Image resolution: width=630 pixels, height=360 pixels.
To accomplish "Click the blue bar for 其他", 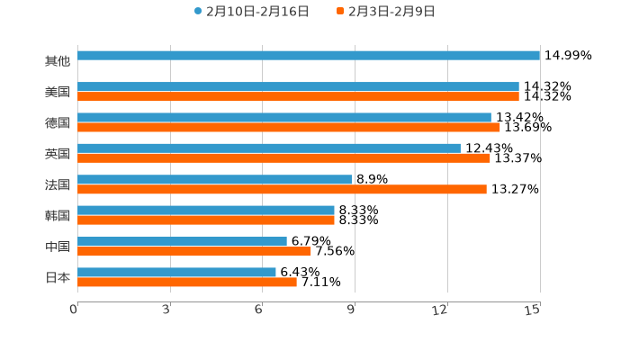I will click(x=309, y=56).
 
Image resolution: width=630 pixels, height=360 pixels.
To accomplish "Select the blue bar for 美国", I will click(x=298, y=86).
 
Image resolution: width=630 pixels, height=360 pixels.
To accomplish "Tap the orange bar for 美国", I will click(x=298, y=96).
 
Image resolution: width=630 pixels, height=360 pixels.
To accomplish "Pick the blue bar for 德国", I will click(x=284, y=117).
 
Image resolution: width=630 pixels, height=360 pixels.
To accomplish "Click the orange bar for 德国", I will click(x=289, y=128).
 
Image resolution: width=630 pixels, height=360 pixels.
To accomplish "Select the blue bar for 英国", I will click(x=269, y=148).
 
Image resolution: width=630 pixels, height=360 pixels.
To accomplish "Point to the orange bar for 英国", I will click(x=283, y=158).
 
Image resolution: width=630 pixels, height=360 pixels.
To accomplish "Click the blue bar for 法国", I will click(x=214, y=179).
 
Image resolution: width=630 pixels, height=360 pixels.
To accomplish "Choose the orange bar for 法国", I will click(x=282, y=189).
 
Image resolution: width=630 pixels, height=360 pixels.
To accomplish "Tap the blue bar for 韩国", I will click(x=206, y=210).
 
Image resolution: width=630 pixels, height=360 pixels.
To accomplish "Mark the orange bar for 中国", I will click(x=194, y=251).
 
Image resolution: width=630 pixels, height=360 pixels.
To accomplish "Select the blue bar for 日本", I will click(x=176, y=272).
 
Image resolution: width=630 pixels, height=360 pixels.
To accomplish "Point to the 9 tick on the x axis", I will click(x=352, y=310).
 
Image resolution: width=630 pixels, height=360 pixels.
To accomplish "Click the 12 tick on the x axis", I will click(x=440, y=310).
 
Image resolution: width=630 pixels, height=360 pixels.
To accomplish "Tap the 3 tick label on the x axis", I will click(x=167, y=310).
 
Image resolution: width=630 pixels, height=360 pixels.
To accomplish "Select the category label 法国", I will click(x=58, y=184).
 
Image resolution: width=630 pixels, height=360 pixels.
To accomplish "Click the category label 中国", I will click(x=58, y=247).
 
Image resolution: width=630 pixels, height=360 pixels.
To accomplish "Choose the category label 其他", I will click(x=58, y=61).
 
